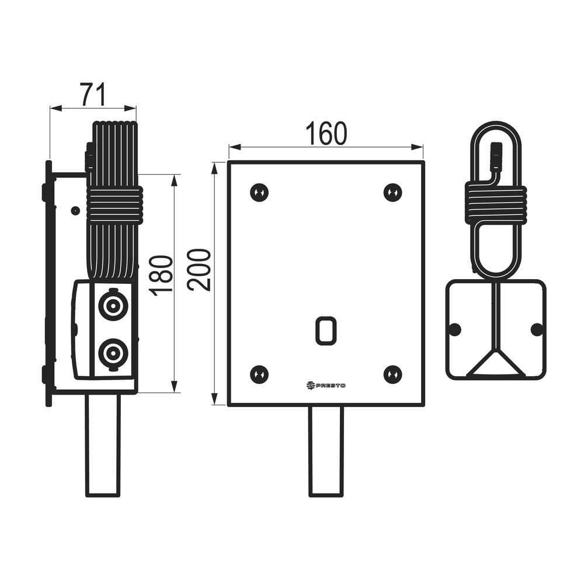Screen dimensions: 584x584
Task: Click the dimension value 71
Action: coord(93,95)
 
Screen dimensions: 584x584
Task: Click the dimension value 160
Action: coord(326,133)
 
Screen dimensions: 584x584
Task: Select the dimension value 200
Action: coord(199,270)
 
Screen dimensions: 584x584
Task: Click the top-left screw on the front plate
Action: coord(259,193)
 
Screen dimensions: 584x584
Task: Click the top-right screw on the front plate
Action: coord(392,193)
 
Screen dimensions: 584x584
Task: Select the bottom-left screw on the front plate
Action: coord(259,374)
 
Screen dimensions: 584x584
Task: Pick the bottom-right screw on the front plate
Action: coord(392,374)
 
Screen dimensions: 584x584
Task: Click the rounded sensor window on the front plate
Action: coord(326,331)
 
